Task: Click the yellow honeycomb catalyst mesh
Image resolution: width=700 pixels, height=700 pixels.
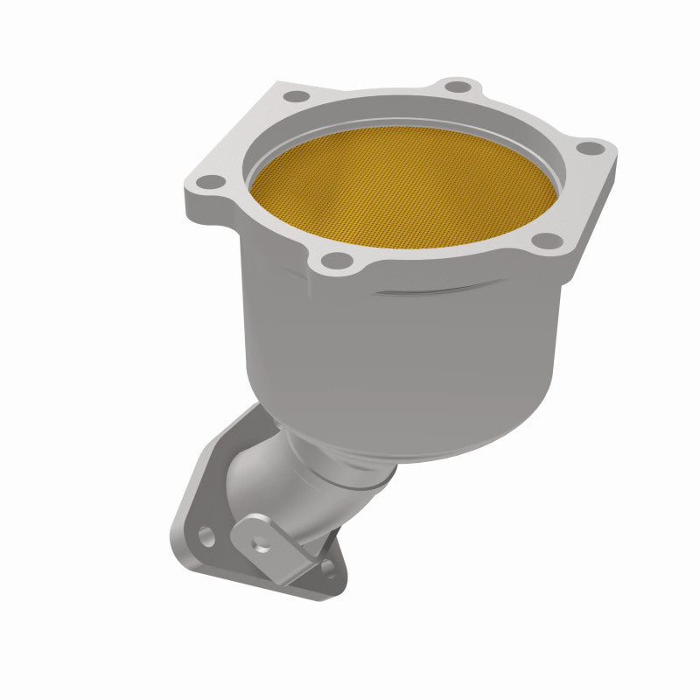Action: tap(402, 189)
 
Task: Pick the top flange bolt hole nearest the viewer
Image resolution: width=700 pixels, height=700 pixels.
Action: tap(333, 259)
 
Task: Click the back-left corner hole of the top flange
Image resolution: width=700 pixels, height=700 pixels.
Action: tap(297, 95)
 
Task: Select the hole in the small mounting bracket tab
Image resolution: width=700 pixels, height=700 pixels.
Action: tap(259, 542)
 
